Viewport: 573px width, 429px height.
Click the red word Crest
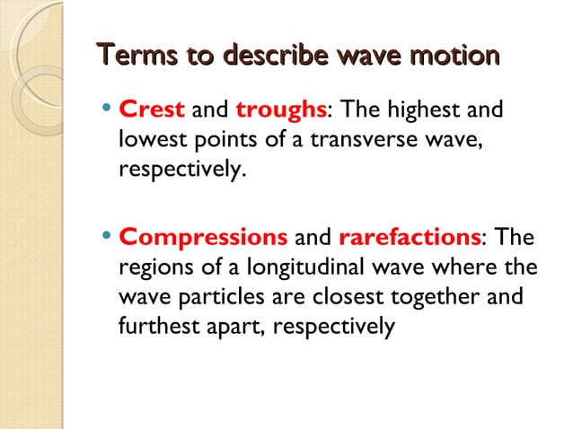tap(152, 109)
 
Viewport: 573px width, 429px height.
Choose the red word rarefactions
tap(410, 240)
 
